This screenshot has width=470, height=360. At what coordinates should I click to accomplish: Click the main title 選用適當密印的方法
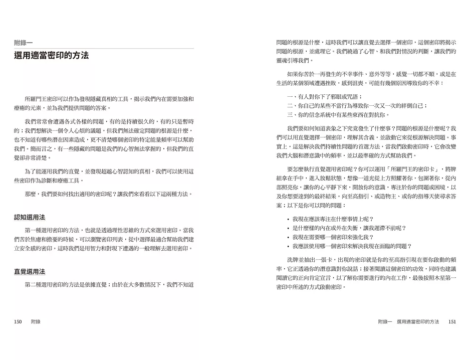[x=51, y=56]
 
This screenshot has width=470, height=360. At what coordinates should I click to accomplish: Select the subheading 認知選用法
[x=30, y=217]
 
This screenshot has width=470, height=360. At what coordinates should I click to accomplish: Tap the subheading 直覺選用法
[x=30, y=272]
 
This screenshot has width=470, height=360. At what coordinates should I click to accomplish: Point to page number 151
[x=452, y=322]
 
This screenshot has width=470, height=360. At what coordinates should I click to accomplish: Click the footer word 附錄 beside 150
[x=36, y=322]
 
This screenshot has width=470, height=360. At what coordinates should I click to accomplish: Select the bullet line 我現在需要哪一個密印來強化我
[x=333, y=237]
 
